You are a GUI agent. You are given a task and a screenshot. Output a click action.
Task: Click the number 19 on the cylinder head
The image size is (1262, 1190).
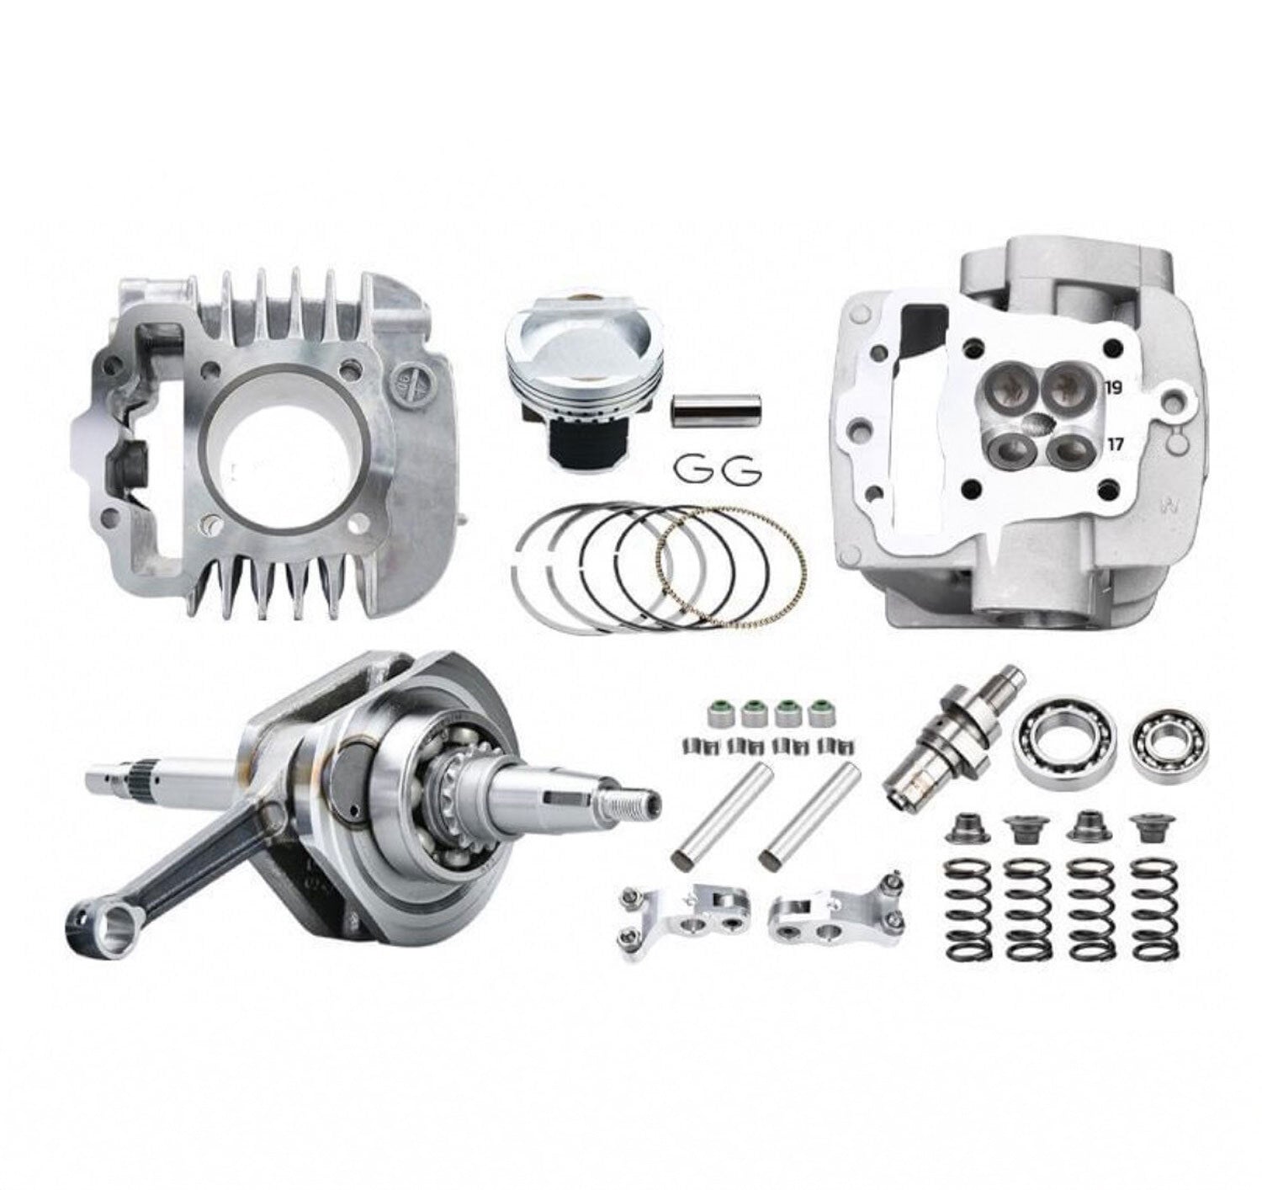click(x=1114, y=388)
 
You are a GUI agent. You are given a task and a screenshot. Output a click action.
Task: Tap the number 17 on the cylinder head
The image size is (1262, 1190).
click(x=1115, y=444)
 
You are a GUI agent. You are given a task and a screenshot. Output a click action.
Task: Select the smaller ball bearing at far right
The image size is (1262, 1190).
click(x=1170, y=742)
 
